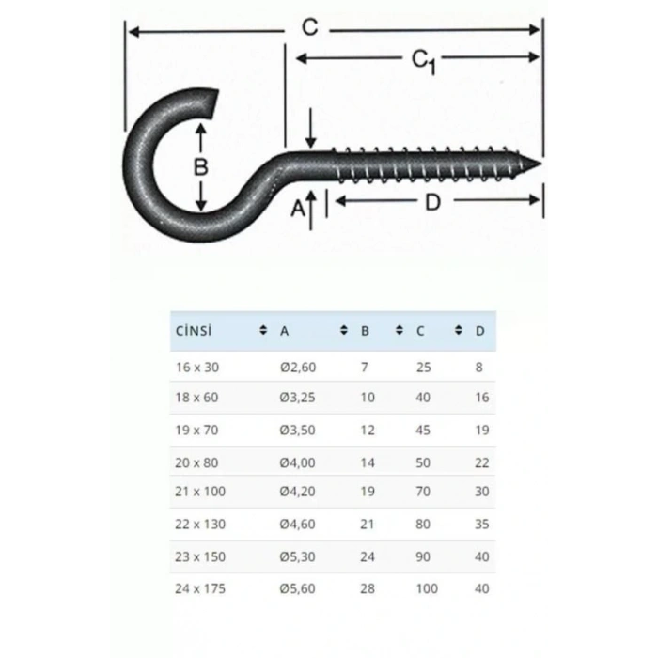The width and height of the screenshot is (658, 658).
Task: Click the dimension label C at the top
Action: tap(309, 27)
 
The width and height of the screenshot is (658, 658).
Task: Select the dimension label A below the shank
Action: tap(299, 209)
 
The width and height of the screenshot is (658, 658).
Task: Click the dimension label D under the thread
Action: tap(431, 201)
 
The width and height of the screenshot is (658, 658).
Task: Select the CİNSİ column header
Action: tap(195, 331)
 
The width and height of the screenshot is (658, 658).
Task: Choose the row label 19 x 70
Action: tap(196, 431)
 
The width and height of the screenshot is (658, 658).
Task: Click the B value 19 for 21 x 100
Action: tap(368, 491)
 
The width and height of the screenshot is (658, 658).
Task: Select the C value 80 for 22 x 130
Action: tap(423, 524)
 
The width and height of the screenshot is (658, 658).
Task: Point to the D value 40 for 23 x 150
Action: tap(482, 556)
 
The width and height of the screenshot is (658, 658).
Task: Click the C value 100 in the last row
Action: tap(427, 588)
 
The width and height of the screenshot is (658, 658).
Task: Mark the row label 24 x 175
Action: tap(200, 588)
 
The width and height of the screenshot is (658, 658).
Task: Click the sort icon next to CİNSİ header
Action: tap(262, 331)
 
